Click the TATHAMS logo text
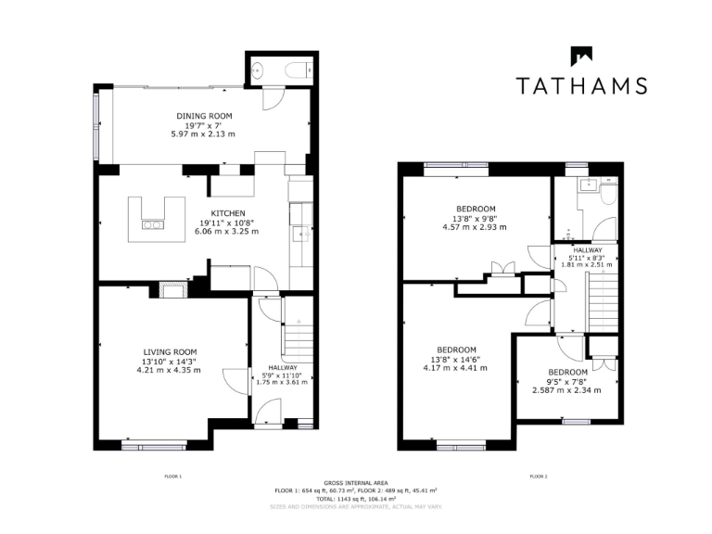point(580,86)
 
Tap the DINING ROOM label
point(204,116)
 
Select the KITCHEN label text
point(226,212)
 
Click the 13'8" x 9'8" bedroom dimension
point(476,218)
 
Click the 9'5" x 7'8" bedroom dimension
point(566,381)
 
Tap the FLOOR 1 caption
point(173,476)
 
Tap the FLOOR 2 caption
point(539,476)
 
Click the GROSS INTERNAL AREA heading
point(355,483)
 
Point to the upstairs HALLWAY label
point(588,249)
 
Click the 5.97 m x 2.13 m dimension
point(204,134)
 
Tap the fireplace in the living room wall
point(173,290)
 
